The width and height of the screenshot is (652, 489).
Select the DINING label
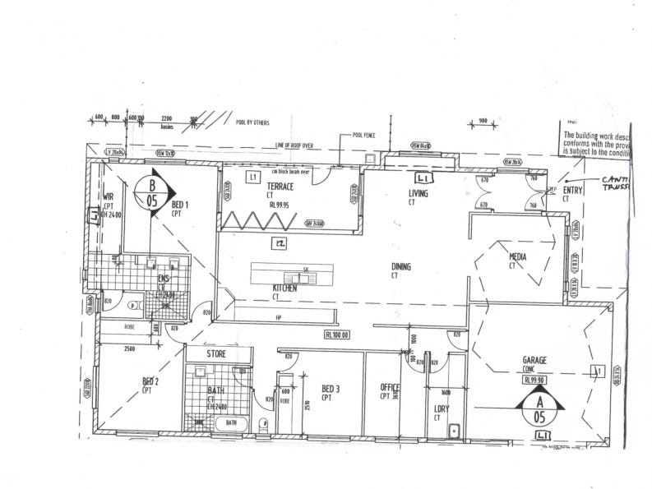(400, 267)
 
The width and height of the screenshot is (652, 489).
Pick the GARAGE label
(534, 360)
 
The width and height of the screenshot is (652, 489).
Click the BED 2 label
(150, 381)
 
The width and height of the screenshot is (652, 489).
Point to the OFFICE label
(389, 388)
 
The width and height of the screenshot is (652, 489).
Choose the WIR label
(108, 197)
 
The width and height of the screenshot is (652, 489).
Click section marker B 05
(152, 194)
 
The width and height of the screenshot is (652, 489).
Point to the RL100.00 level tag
(338, 334)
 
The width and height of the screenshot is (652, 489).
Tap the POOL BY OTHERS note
(252, 122)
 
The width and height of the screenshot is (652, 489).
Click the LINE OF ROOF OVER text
(294, 145)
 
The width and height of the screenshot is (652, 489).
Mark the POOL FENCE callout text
(363, 133)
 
